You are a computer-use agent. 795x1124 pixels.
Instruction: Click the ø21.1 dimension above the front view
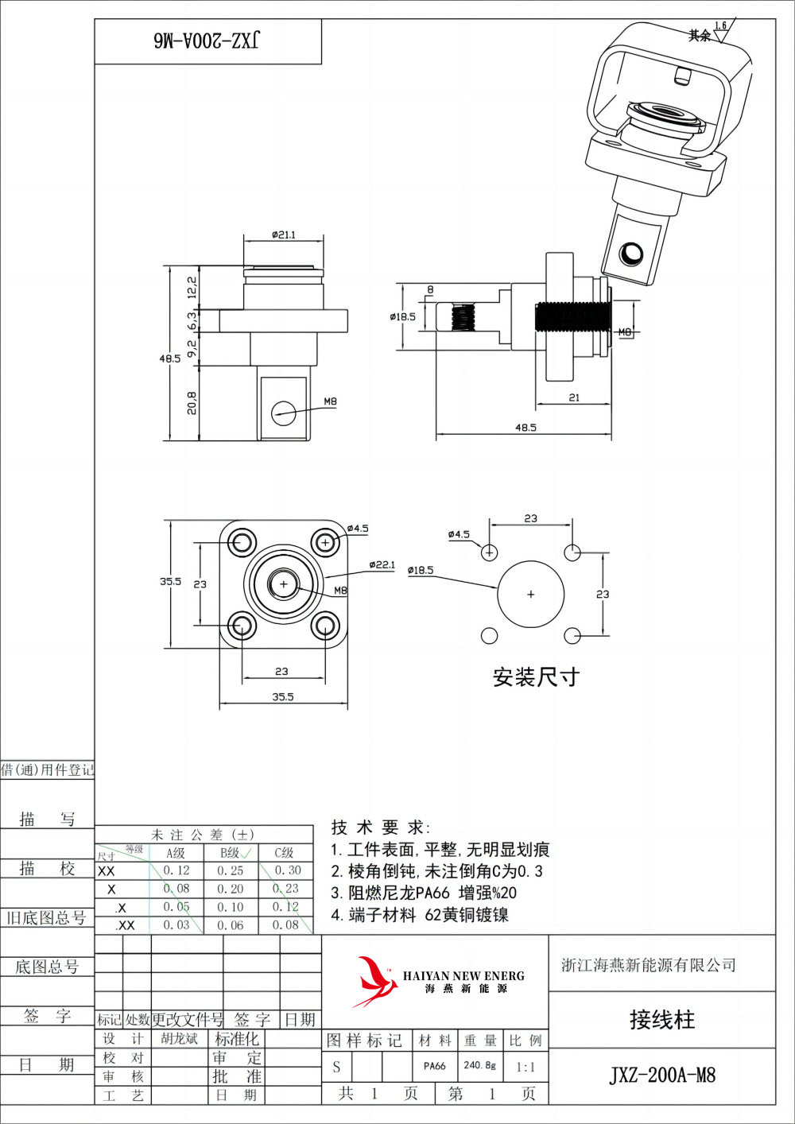(283, 234)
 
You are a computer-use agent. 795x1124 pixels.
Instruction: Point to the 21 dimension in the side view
(574, 397)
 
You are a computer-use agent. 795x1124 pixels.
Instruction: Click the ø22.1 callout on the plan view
(382, 564)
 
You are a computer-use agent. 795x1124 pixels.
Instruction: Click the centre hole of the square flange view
(283, 584)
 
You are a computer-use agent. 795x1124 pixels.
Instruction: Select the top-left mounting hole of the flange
(242, 543)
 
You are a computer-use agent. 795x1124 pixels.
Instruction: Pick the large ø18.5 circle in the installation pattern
(530, 594)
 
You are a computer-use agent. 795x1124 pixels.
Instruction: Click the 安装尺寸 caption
(536, 677)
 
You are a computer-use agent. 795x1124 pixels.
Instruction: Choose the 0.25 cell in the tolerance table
(231, 870)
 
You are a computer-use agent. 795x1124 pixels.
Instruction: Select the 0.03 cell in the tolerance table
(176, 925)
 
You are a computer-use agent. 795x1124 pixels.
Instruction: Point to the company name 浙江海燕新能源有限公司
(649, 965)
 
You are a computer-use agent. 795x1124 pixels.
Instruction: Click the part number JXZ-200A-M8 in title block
(662, 1076)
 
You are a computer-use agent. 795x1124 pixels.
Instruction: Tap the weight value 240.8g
(479, 1065)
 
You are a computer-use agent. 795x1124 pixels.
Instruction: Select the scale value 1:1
(525, 1067)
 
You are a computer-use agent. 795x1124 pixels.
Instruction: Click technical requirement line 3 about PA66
(424, 893)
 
